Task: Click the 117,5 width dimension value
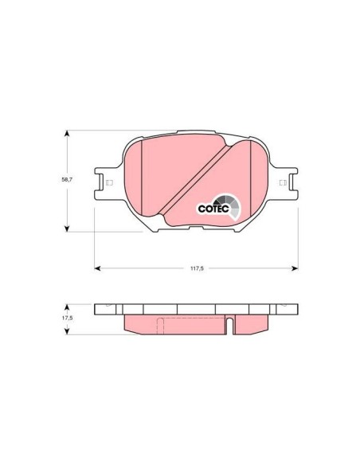(197, 269)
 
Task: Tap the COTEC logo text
(213, 209)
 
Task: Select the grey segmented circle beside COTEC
(228, 203)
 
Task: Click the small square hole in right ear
(283, 183)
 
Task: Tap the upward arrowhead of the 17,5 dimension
(66, 305)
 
